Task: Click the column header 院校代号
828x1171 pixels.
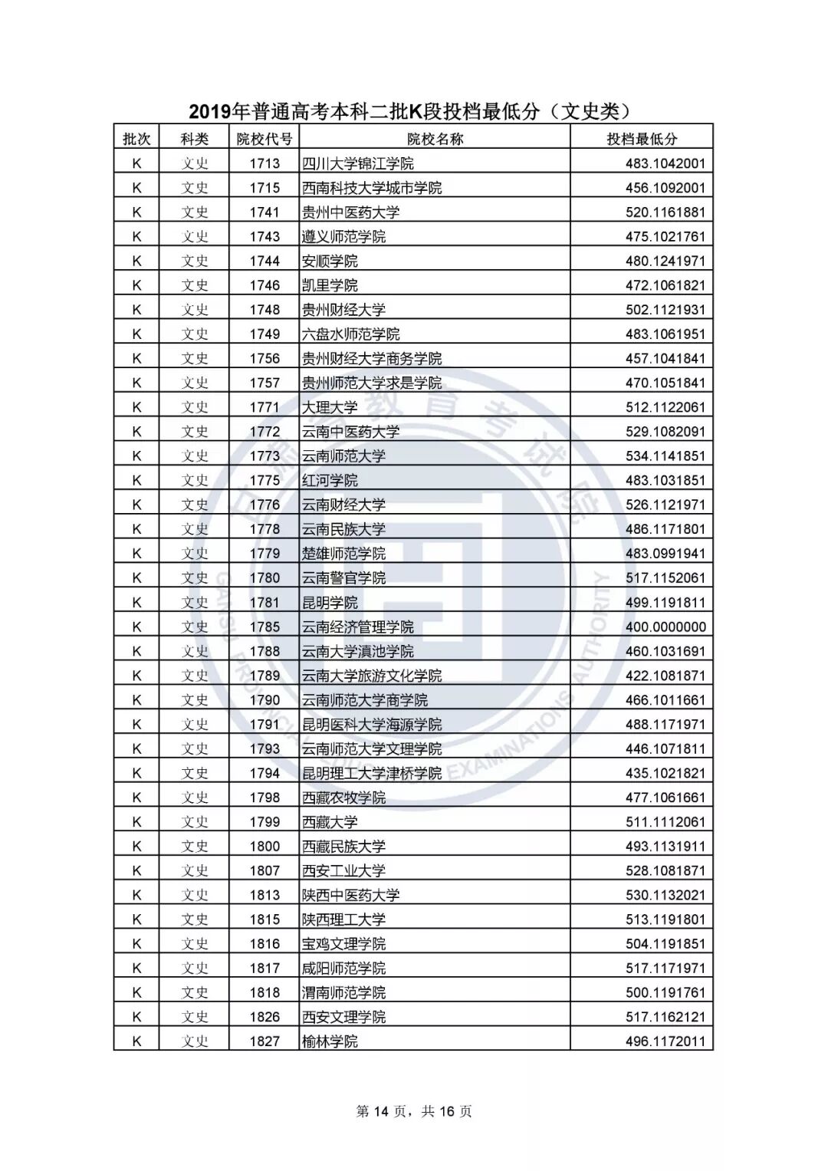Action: (x=264, y=139)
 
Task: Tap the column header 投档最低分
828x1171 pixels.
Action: (x=642, y=139)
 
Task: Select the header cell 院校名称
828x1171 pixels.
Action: (x=435, y=139)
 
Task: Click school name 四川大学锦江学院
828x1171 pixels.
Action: (x=358, y=163)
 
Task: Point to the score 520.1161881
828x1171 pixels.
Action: (x=665, y=212)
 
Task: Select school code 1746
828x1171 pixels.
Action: (x=264, y=285)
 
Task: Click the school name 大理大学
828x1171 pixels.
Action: (x=330, y=407)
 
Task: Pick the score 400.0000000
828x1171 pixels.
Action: (x=665, y=627)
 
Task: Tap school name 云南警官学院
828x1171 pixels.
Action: (x=343, y=578)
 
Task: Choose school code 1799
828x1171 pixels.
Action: (x=264, y=822)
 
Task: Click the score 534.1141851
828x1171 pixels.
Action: (x=665, y=456)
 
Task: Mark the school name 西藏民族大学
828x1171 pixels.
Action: (x=343, y=847)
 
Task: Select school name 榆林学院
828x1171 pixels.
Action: (x=330, y=1041)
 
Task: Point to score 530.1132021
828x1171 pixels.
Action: (x=665, y=895)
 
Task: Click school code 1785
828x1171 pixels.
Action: (x=264, y=627)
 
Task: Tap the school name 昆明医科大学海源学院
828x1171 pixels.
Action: (x=372, y=725)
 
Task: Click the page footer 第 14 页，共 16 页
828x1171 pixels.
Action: (x=414, y=1111)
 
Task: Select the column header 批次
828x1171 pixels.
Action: (x=136, y=139)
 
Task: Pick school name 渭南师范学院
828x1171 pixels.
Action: (x=343, y=992)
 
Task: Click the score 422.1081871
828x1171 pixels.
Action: (x=665, y=676)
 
